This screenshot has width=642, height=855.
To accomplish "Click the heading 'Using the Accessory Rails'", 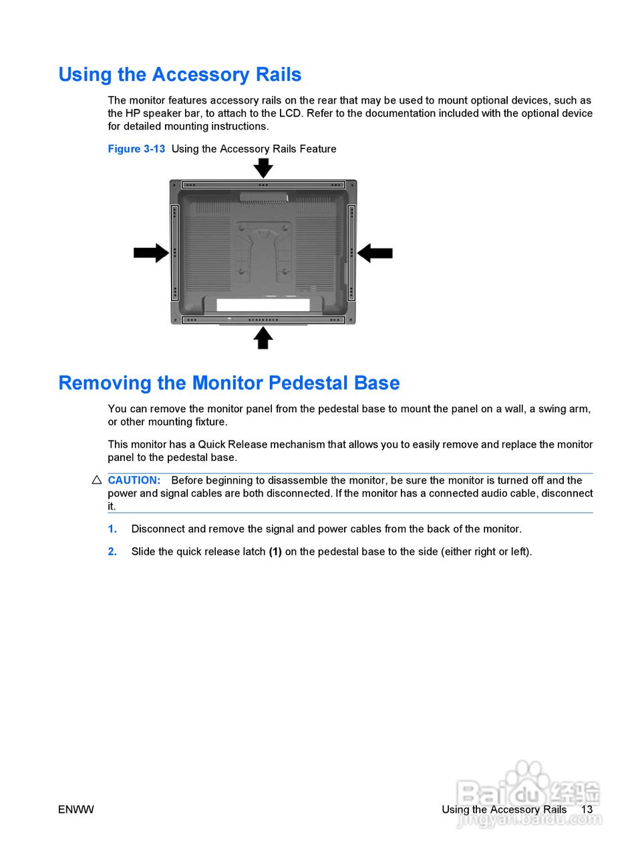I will tap(180, 75).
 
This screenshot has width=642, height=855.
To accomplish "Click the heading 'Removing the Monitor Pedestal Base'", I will tap(228, 383).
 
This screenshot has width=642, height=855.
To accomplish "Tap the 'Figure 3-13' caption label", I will tap(136, 149).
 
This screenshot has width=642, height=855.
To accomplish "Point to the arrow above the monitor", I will tap(263, 167).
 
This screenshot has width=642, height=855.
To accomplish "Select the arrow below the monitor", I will tap(263, 338).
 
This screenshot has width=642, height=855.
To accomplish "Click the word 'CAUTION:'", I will tap(134, 480).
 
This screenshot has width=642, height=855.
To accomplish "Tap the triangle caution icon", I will tap(96, 480).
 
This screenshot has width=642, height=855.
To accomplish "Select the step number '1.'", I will tap(112, 529).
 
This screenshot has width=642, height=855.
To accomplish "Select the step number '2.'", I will tap(112, 552).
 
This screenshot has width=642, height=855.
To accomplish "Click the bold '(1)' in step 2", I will tap(275, 552).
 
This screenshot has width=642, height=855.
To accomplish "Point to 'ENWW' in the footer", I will tap(75, 810).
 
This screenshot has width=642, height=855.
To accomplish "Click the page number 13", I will tap(587, 810).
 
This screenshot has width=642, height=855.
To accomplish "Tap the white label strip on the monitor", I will tap(263, 305).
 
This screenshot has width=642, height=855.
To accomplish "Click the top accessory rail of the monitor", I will tap(263, 184).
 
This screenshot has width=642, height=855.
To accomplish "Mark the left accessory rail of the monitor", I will tap(175, 252).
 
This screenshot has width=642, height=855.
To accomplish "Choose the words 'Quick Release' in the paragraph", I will tap(232, 445).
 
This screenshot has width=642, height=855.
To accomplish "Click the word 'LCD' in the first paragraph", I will tap(290, 114).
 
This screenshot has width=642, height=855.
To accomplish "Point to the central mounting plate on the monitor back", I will tap(263, 250).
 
